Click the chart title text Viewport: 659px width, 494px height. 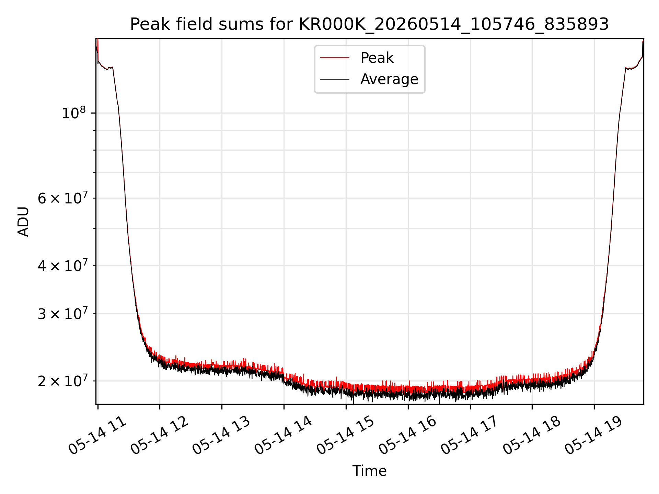tap(369, 24)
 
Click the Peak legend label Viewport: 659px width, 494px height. tap(377, 58)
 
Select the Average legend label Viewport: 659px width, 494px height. tap(389, 79)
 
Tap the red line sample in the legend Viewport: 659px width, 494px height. tap(335, 58)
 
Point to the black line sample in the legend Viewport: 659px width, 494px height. tap(335, 79)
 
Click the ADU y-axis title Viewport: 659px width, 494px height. tap(23, 222)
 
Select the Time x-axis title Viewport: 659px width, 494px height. tap(369, 471)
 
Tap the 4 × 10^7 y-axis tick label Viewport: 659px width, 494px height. tap(63, 265)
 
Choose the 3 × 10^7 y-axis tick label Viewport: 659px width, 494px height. tap(63, 313)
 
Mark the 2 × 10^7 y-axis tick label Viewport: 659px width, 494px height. tap(63, 380)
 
